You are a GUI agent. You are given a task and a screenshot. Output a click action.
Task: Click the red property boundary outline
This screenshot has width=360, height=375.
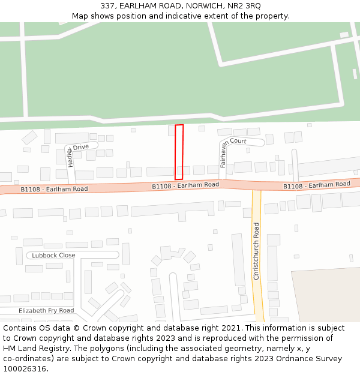tap(179, 152)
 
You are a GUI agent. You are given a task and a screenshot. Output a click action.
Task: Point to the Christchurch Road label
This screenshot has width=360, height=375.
tap(256, 251)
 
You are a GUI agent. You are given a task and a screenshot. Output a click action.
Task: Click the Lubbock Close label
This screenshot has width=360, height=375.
tap(54, 255)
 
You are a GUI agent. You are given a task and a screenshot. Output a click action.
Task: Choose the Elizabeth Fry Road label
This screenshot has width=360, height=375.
tap(46, 311)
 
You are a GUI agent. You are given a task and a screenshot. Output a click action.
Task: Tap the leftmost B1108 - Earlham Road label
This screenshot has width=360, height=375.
tap(54, 189)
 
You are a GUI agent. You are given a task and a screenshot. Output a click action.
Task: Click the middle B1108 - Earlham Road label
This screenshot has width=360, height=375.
tap(185, 185)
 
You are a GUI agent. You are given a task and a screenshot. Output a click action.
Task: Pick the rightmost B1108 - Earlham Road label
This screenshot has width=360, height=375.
tap(317, 185)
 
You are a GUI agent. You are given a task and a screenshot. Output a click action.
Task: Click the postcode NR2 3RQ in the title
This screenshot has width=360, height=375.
tap(244, 5)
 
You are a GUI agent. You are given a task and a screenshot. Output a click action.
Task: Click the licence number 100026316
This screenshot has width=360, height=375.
tap(25, 368)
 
